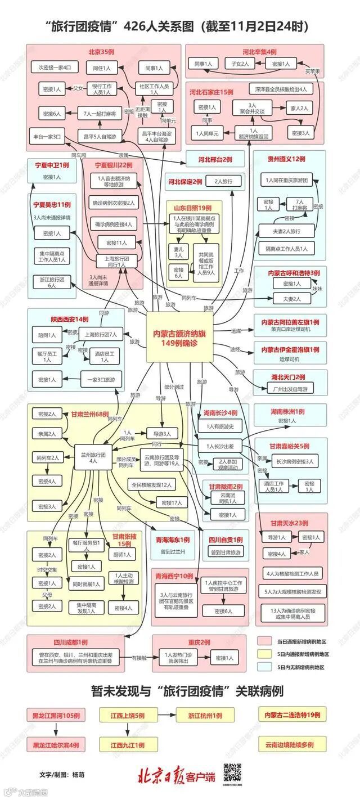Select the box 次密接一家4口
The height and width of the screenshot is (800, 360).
[55, 68]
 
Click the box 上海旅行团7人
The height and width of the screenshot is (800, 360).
[101, 334]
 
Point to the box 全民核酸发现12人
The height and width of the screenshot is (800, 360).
[152, 484]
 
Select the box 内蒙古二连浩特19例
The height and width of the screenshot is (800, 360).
[292, 715]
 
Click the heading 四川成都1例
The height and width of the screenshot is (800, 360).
[71, 642]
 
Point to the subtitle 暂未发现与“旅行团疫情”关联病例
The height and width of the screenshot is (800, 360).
[180, 691]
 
